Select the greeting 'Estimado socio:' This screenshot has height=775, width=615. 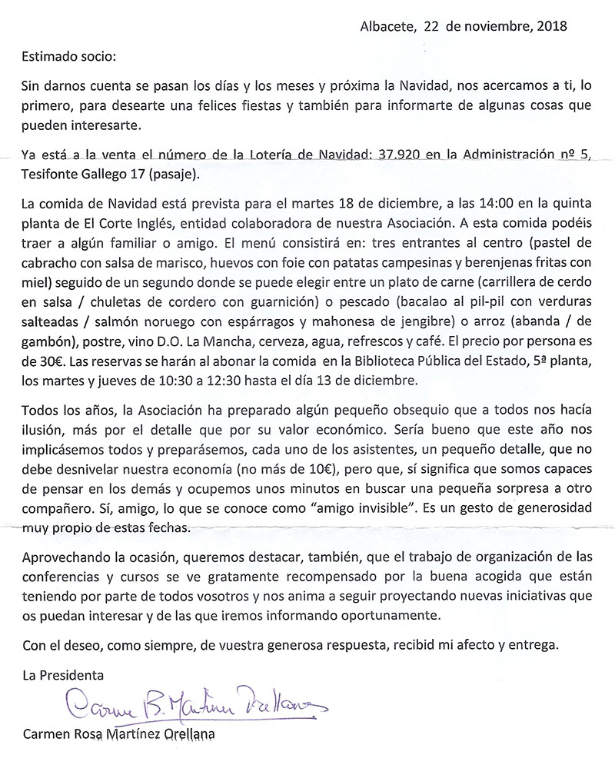(x=67, y=57)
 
